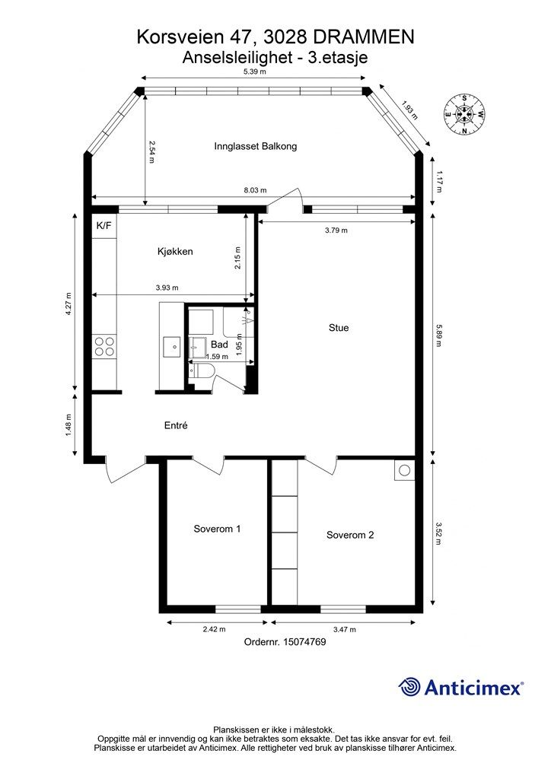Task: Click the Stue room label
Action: pyautogui.click(x=339, y=328)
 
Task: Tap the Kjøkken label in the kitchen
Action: pyautogui.click(x=175, y=251)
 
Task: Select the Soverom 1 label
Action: pyautogui.click(x=217, y=529)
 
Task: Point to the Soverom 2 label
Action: pyautogui.click(x=350, y=535)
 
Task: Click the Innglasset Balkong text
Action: pyautogui.click(x=256, y=146)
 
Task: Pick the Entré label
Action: pyautogui.click(x=176, y=425)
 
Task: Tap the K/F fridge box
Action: pyautogui.click(x=104, y=225)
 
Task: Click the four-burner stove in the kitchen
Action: pyautogui.click(x=104, y=346)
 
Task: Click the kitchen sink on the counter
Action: pyautogui.click(x=171, y=346)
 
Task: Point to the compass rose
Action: pyautogui.click(x=464, y=115)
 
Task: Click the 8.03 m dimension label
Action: pyautogui.click(x=255, y=189)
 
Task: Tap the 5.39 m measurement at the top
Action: pyautogui.click(x=254, y=72)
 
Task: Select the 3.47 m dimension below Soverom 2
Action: pyautogui.click(x=344, y=629)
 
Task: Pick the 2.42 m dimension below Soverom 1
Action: pyautogui.click(x=214, y=629)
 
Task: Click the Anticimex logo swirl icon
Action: pyautogui.click(x=409, y=687)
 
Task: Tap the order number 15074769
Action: pyautogui.click(x=304, y=642)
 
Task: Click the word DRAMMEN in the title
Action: pyautogui.click(x=365, y=37)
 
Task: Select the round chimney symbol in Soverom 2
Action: pyautogui.click(x=405, y=470)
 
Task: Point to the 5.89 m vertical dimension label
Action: pyautogui.click(x=438, y=335)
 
